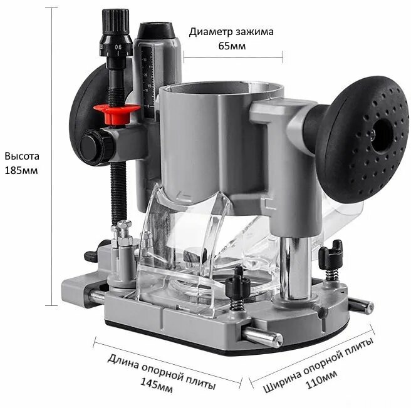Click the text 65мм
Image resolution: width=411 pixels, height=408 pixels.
(x=232, y=46)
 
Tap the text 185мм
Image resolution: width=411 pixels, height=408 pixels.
(x=21, y=170)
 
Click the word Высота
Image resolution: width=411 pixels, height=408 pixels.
(x=22, y=156)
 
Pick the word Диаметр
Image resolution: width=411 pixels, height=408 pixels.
(x=211, y=32)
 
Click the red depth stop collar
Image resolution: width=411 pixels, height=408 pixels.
(x=117, y=113)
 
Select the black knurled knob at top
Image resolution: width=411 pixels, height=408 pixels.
(x=115, y=21)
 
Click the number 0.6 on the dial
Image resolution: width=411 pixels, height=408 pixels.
(x=118, y=48)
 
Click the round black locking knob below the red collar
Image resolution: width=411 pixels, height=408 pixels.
(x=96, y=146)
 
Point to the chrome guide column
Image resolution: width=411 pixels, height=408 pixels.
(x=296, y=268)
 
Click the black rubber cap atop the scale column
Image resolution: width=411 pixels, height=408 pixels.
(x=156, y=31)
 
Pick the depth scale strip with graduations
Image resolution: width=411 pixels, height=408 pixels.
(x=148, y=81)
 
